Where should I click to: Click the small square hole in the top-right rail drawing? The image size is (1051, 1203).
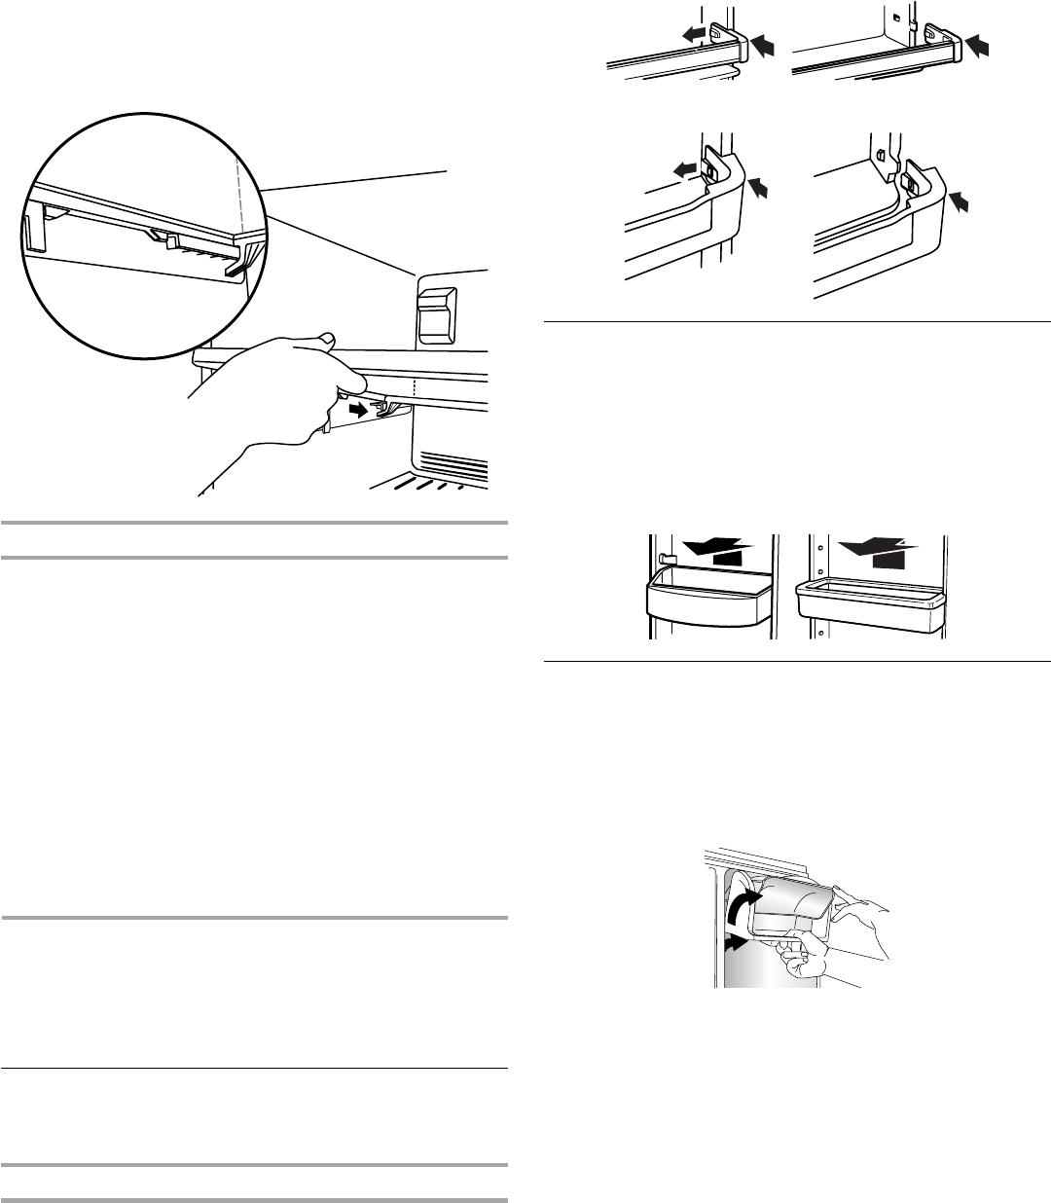[x=894, y=16]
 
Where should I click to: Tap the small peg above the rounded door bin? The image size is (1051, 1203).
[x=661, y=559]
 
